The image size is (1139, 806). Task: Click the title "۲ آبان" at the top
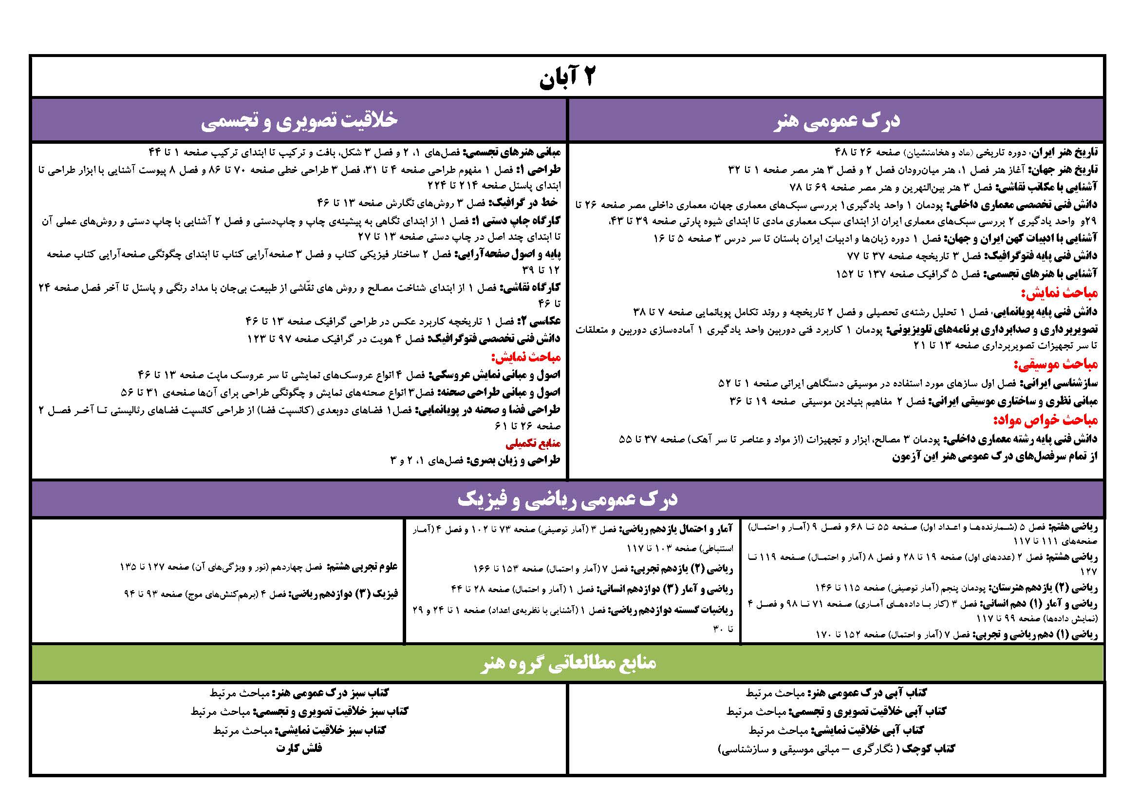point(567,77)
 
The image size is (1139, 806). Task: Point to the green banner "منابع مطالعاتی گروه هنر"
point(568,663)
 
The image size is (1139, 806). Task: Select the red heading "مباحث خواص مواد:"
point(1045,421)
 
